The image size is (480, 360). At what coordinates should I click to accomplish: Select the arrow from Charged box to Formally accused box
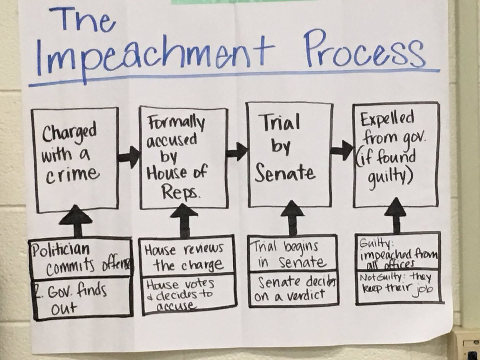(x=129, y=157)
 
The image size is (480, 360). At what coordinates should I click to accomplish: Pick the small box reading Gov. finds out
(x=82, y=299)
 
